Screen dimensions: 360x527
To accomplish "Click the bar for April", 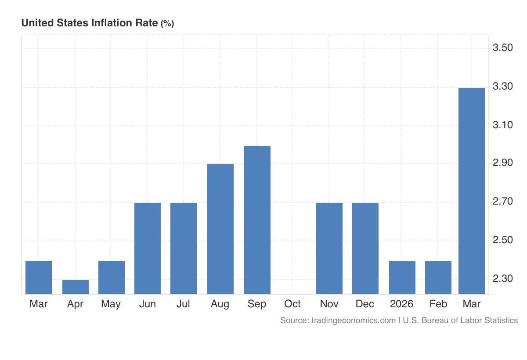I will pos(76,287).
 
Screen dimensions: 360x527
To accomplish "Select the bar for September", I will pos(257,220).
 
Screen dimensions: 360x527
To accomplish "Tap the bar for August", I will pos(220,229).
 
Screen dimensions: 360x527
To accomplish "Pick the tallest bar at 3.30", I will pos(472,191).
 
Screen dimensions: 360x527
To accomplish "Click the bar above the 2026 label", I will pos(402,277).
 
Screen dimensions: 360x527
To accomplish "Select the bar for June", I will pos(148,248).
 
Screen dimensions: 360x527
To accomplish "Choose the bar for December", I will pos(365,248).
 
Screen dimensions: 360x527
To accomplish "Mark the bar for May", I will pos(112,277).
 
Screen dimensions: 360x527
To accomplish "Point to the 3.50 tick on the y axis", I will pos(503,47).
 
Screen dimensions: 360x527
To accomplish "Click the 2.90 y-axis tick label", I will pos(503,163).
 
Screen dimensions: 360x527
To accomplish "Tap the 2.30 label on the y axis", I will pos(503,279).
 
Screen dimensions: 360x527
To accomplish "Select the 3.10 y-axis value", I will pos(503,125).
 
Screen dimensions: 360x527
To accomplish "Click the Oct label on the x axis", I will pos(292,304).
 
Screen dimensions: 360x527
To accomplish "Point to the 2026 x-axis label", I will pos(402,304).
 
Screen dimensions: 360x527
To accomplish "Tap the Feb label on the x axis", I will pos(438,304).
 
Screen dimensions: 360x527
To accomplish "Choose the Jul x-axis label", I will pos(184,304).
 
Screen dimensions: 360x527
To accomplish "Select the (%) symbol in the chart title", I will pos(167,24).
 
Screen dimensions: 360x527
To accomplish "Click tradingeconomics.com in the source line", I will pos(353,320).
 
